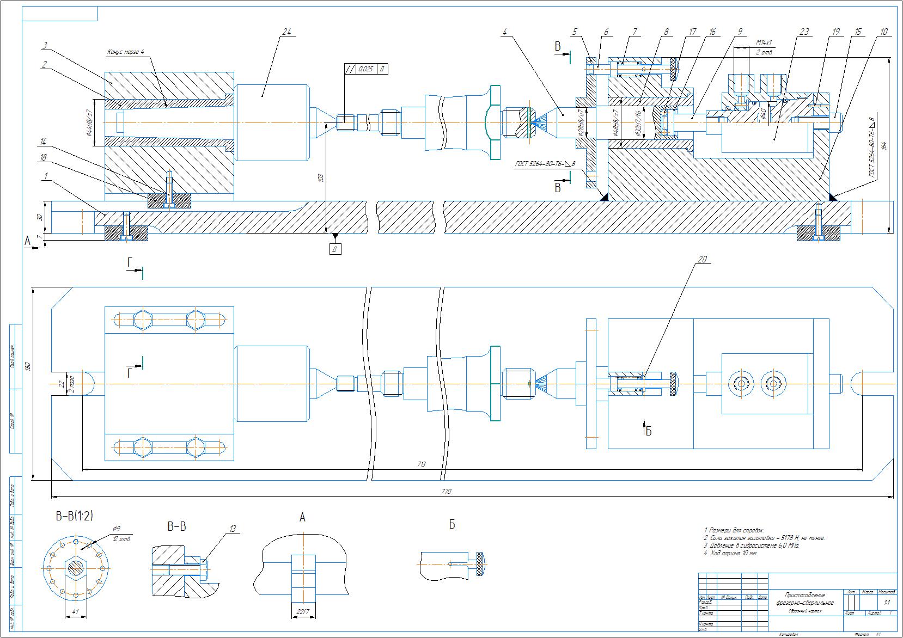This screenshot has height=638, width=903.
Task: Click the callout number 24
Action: click(x=286, y=32)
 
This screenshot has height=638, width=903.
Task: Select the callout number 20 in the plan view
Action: click(x=702, y=260)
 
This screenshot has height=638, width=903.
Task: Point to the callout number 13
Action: click(x=233, y=529)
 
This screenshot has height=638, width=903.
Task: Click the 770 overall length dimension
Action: click(x=447, y=492)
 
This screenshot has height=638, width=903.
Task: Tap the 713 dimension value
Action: click(x=422, y=464)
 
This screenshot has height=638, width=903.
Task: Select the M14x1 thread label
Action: click(x=764, y=42)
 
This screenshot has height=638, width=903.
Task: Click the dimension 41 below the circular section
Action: click(x=76, y=612)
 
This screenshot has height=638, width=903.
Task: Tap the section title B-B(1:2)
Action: click(x=74, y=516)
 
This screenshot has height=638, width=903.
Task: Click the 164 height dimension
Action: click(x=884, y=146)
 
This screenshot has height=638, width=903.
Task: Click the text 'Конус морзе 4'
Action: click(x=125, y=53)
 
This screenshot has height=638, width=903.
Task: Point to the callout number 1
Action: click(x=46, y=176)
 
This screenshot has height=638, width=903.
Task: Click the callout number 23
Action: click(x=804, y=32)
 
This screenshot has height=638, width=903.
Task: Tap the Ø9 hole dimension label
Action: click(x=116, y=529)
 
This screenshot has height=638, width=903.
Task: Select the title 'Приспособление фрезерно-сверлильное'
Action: click(x=804, y=599)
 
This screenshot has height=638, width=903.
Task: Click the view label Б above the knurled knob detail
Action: click(x=451, y=524)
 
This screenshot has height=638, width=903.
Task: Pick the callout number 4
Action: click(x=505, y=32)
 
